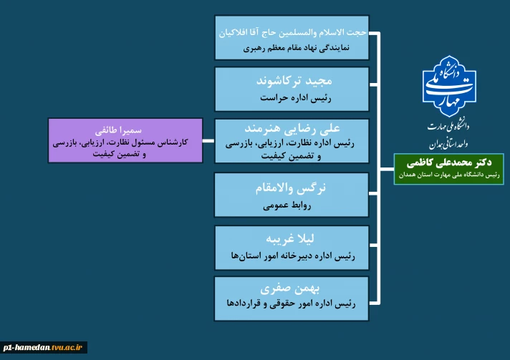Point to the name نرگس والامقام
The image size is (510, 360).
[x=292, y=188]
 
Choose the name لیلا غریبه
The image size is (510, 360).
[x=292, y=238]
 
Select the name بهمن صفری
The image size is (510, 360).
[x=292, y=290]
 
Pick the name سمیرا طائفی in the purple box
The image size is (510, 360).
[x=125, y=132]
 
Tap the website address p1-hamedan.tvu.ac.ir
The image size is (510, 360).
[x=43, y=347]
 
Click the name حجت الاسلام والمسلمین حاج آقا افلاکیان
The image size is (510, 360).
[x=292, y=33]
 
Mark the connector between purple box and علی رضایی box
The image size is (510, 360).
[x=208, y=140]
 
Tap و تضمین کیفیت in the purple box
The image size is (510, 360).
[x=125, y=153]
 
